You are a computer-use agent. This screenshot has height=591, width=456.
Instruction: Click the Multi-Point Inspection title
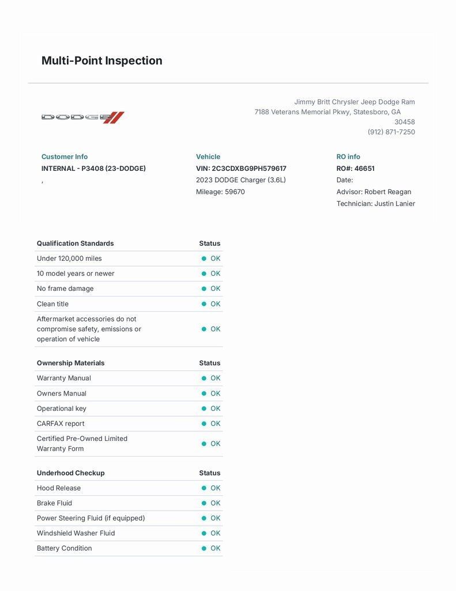[x=101, y=61]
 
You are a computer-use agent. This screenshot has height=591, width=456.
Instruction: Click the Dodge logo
[x=82, y=117]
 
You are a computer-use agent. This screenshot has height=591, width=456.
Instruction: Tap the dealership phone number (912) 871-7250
[x=391, y=132]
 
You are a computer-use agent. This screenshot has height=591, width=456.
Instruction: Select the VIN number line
[x=241, y=169]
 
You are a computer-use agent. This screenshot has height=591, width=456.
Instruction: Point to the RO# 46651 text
[x=355, y=169]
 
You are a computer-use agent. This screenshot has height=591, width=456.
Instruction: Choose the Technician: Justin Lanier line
[x=375, y=203]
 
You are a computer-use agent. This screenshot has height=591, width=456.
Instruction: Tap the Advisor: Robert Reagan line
[x=374, y=192]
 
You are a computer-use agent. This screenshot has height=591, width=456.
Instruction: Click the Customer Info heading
[x=65, y=156]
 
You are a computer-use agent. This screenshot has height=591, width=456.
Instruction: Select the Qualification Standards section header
[x=75, y=244]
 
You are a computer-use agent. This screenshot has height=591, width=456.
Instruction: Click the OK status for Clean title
[x=215, y=304]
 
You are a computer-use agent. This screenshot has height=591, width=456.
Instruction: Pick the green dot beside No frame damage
[x=204, y=289]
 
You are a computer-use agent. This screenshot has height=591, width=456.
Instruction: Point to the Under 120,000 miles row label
[x=69, y=259]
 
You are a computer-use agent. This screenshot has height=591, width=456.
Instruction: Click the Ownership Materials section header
[x=70, y=363]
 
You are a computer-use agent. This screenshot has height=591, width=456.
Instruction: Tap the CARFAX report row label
[x=61, y=424]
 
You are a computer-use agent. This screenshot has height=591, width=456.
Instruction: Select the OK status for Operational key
[x=215, y=409]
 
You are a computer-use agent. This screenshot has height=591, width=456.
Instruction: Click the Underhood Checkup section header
[x=70, y=473]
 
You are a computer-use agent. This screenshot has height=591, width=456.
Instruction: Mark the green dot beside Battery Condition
[x=204, y=548]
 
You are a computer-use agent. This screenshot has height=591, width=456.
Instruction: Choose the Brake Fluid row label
[x=54, y=503]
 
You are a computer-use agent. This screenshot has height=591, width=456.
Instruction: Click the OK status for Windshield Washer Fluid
[x=215, y=533]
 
